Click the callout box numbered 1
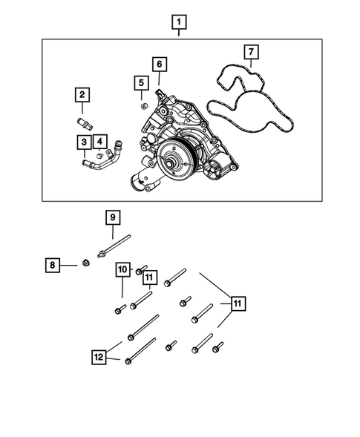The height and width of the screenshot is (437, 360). (x=178, y=22)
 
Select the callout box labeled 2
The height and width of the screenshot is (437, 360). (x=81, y=94)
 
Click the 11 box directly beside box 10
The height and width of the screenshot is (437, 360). (x=149, y=279)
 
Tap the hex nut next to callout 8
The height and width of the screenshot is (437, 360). (x=86, y=263)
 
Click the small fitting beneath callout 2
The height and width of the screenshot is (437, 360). (x=83, y=117)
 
